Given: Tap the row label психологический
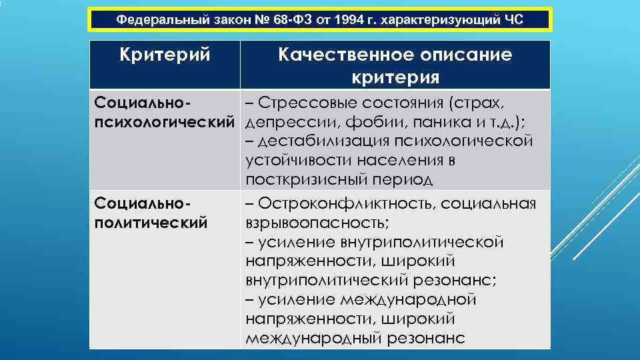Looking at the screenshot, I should [165, 123].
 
